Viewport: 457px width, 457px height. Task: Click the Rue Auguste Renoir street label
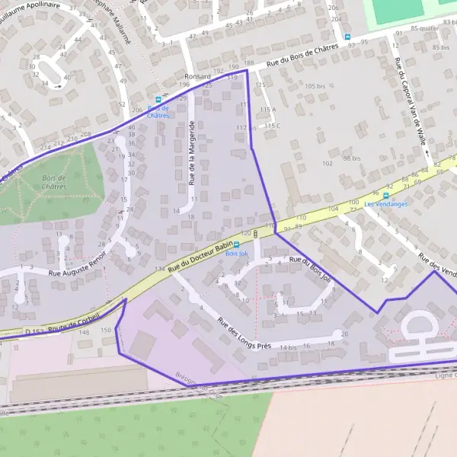tap(75, 270)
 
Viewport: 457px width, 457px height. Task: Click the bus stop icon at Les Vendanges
tap(385, 195)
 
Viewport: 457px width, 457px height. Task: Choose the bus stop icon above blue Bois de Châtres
tap(158, 100)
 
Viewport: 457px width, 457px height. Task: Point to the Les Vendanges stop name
tap(385, 204)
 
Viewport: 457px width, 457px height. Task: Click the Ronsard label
tap(196, 76)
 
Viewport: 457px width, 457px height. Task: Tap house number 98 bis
tap(351, 158)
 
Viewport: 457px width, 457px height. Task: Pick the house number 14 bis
tap(288, 347)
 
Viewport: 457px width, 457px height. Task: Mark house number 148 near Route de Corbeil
tap(85, 332)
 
